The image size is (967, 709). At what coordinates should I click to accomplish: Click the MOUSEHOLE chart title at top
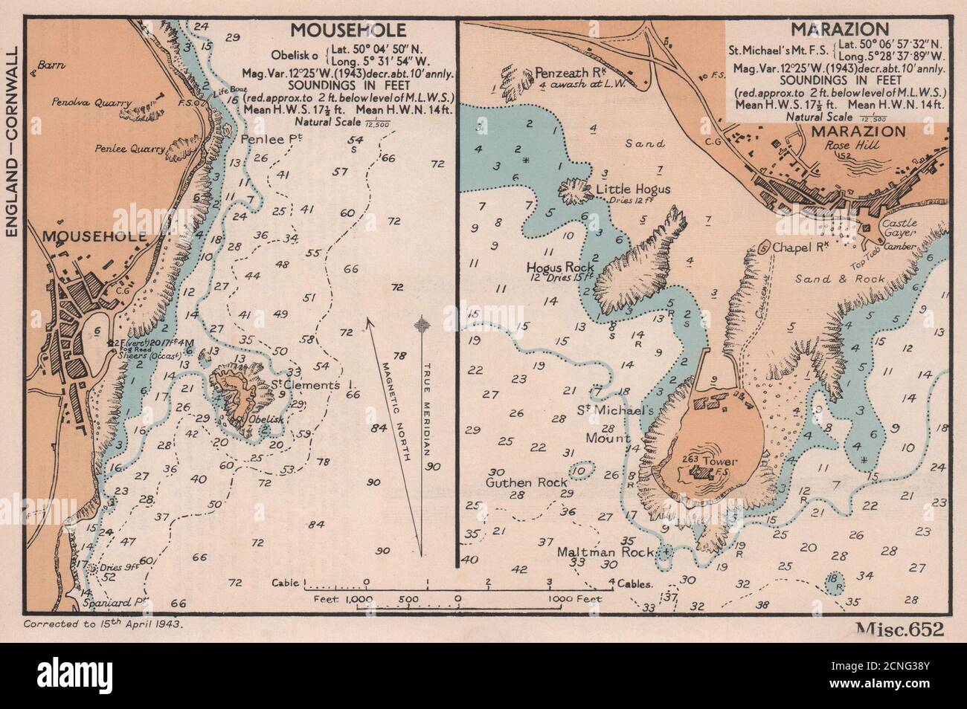tap(348, 30)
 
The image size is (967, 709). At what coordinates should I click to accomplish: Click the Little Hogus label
tap(633, 190)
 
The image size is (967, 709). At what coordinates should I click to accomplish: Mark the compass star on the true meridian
tap(423, 324)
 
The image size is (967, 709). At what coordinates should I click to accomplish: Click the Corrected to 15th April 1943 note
tap(103, 624)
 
